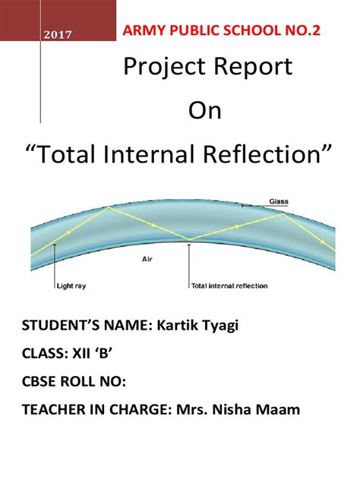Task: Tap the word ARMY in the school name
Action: (141, 32)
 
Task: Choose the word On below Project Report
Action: (204, 112)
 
